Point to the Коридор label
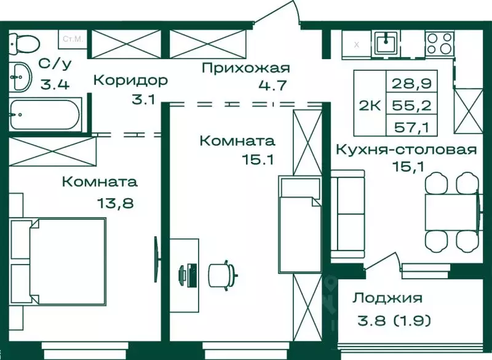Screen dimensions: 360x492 [130, 80]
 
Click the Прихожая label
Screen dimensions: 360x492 [245, 68]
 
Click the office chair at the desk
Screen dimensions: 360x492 [221, 273]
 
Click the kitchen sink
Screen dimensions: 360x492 [387, 42]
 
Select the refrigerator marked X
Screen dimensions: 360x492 [356, 44]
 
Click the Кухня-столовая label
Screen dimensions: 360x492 [407, 150]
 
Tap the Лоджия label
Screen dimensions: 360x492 [387, 298]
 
